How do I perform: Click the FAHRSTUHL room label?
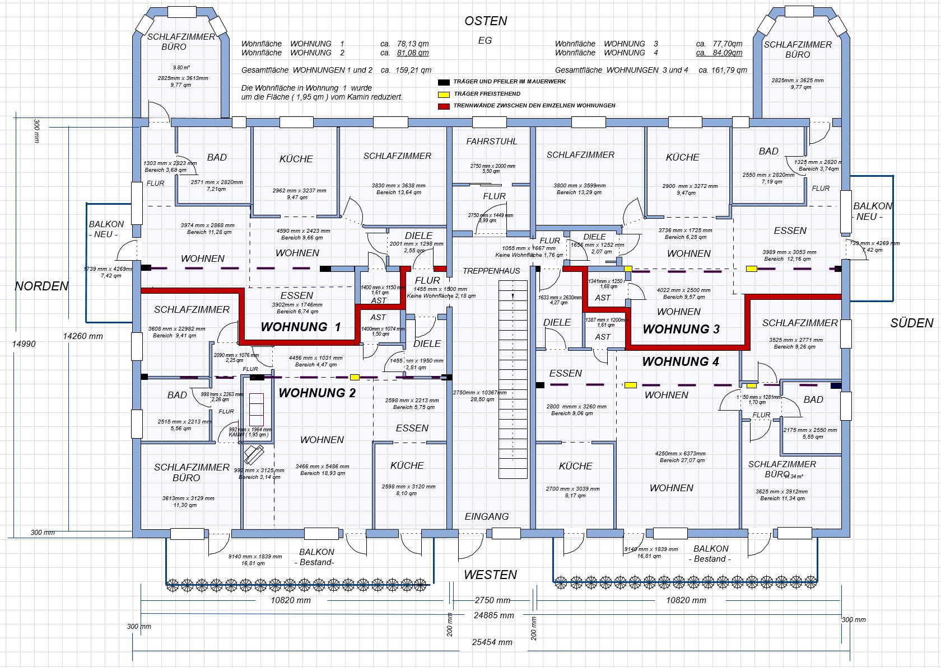(492, 142)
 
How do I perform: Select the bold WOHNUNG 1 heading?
(301, 327)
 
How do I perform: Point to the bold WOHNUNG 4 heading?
(680, 361)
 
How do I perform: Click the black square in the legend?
(444, 82)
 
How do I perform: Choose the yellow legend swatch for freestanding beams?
(444, 94)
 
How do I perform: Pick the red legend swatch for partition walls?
(444, 106)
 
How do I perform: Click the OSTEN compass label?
(486, 21)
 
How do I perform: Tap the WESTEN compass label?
(490, 575)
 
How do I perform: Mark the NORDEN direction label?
(41, 286)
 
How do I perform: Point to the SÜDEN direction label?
(912, 323)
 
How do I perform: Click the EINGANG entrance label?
(487, 516)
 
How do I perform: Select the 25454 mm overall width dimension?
(491, 642)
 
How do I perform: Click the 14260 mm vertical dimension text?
(83, 336)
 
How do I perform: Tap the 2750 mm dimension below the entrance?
(492, 600)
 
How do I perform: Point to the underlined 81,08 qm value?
(412, 53)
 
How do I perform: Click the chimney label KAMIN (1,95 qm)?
(248, 435)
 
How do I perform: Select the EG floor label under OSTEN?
(485, 40)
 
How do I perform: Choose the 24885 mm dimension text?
(493, 615)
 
